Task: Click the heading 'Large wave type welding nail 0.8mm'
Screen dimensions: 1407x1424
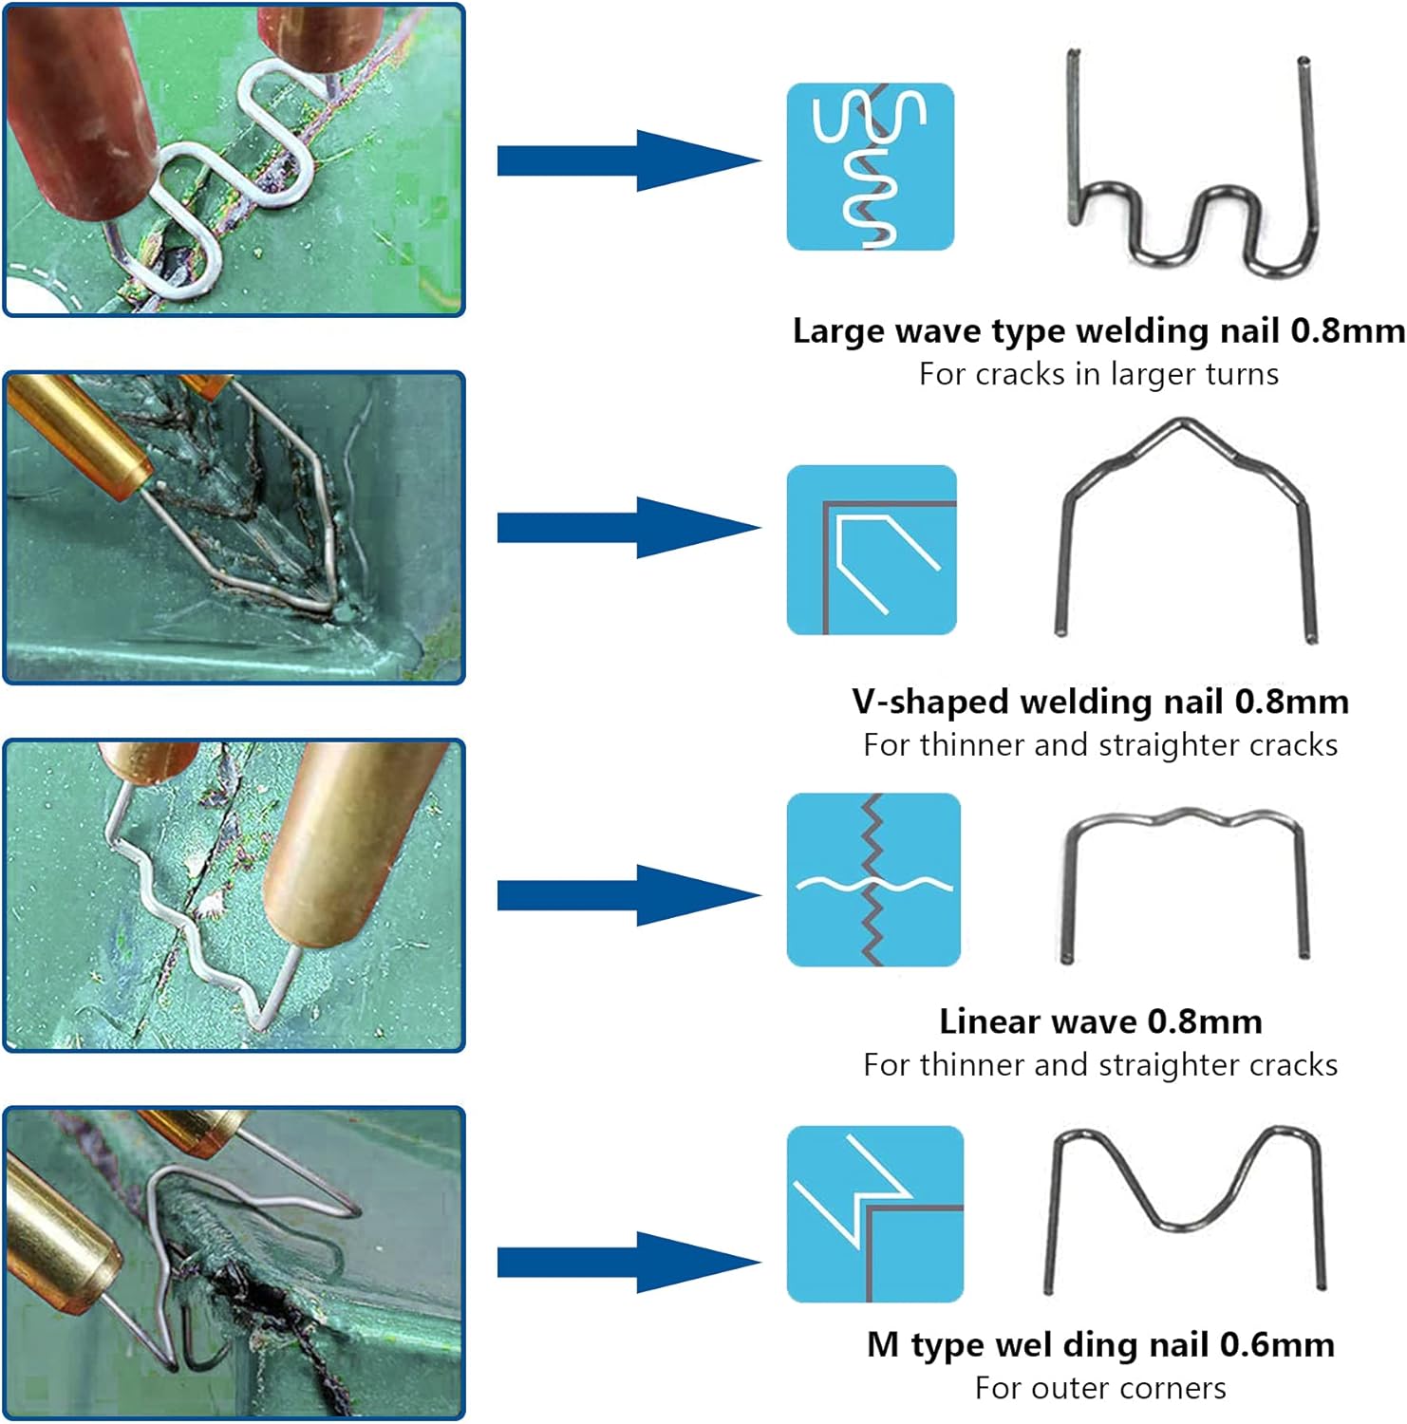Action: pos(1098,330)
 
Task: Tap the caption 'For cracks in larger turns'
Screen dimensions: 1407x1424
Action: pos(1098,374)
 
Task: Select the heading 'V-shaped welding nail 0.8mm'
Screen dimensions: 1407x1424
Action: pos(1100,701)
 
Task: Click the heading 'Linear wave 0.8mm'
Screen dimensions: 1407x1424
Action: pos(1100,1021)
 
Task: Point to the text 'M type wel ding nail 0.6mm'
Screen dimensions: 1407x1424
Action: pos(1100,1344)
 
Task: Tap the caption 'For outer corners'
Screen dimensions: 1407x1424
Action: pos(1100,1388)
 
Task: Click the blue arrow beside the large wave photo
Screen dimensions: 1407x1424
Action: pos(628,160)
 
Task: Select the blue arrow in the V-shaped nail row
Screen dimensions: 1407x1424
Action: pos(628,527)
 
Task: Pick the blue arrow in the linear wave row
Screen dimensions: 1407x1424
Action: pos(628,895)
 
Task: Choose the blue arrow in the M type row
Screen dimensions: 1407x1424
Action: pos(628,1263)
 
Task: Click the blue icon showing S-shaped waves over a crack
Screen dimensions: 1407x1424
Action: pos(871,166)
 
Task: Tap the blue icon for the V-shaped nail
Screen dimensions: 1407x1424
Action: pos(872,550)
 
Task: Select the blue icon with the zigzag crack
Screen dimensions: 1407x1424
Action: pos(873,880)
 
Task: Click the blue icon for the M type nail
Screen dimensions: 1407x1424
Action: pos(875,1214)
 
